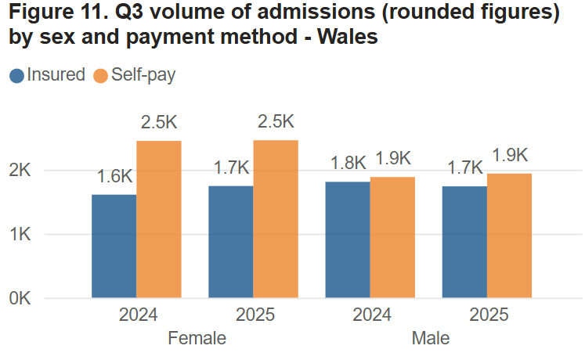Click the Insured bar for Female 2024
[x=114, y=246]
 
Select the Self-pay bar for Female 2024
[x=159, y=219]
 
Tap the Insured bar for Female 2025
[x=230, y=242]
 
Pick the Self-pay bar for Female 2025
[x=276, y=219]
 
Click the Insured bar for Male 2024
[x=348, y=239]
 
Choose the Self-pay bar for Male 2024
[x=392, y=237]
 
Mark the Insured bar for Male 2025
[x=464, y=242]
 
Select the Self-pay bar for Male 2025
[x=509, y=236]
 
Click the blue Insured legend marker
[x=16, y=76]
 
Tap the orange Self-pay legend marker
[x=100, y=76]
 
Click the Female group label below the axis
[x=197, y=339]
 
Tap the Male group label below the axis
[x=431, y=339]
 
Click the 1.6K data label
[x=114, y=177]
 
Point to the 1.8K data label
[x=348, y=163]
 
